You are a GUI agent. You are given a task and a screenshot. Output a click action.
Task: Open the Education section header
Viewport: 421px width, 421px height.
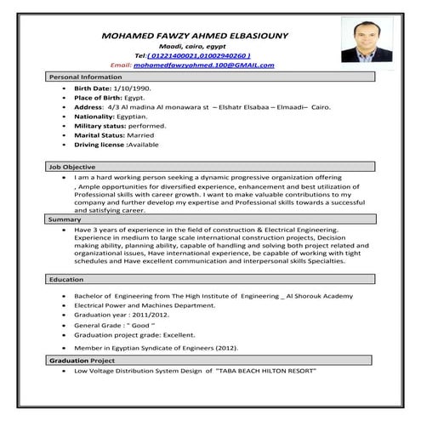click(x=65, y=279)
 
